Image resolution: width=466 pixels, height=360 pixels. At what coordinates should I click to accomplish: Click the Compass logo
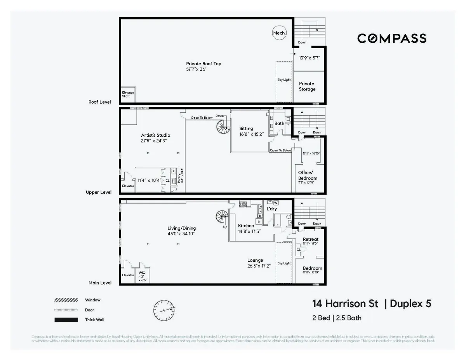click(391, 38)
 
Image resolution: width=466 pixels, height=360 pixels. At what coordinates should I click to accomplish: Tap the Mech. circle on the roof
click(280, 33)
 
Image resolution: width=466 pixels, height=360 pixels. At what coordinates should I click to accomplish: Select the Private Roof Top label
click(203, 64)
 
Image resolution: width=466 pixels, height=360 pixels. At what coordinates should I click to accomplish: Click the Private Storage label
click(307, 86)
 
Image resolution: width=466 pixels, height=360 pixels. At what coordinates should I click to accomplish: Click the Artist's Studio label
click(155, 135)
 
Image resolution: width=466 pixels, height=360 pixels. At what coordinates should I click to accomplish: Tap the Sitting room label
click(246, 129)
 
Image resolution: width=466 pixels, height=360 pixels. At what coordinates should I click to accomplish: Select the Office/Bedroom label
click(308, 175)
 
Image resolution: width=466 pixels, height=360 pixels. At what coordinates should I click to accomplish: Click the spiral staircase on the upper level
click(224, 126)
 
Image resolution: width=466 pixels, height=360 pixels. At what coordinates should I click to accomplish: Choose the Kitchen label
click(246, 226)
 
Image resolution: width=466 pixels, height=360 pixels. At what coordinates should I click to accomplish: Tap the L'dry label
click(271, 209)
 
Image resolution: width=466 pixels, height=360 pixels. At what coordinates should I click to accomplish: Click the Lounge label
click(255, 260)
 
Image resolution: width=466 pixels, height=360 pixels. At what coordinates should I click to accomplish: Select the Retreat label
click(311, 239)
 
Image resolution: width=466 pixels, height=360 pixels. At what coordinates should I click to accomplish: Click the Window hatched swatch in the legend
click(66, 300)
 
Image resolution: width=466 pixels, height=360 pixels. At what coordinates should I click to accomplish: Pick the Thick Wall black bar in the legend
click(66, 320)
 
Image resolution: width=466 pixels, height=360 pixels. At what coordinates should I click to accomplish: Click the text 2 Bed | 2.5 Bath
click(337, 318)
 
